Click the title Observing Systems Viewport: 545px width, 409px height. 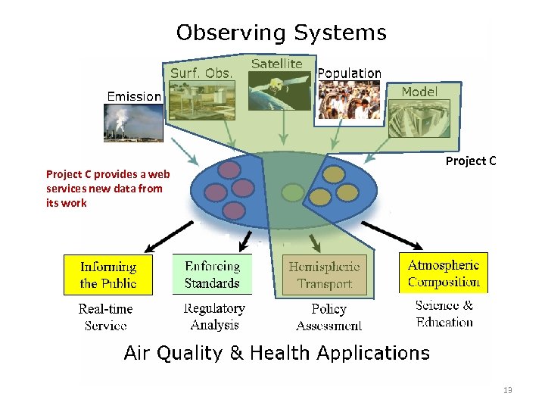[281, 33]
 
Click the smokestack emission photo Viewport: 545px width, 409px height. [132, 123]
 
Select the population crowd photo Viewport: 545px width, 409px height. [348, 100]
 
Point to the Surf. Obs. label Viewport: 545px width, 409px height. [201, 73]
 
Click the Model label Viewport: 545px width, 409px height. [419, 91]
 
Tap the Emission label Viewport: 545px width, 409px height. [134, 96]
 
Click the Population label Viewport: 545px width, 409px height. [349, 73]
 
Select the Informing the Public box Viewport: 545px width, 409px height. [108, 274]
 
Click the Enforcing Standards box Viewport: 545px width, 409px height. [212, 274]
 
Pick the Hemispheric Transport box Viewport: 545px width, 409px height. [324, 275]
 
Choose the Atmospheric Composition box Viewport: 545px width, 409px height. [444, 273]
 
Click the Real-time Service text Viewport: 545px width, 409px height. [105, 317]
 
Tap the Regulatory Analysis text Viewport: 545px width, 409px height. [214, 317]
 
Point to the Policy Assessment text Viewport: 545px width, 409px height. [329, 317]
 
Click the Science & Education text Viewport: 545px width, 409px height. [444, 314]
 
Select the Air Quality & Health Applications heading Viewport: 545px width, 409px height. [276, 353]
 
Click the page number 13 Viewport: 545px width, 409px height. [507, 390]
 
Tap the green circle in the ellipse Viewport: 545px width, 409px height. [292, 193]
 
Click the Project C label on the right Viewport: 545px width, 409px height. [471, 161]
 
